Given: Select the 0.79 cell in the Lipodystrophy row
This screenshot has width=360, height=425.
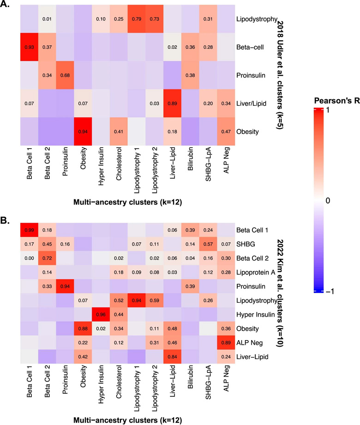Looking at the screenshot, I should point(138,20).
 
